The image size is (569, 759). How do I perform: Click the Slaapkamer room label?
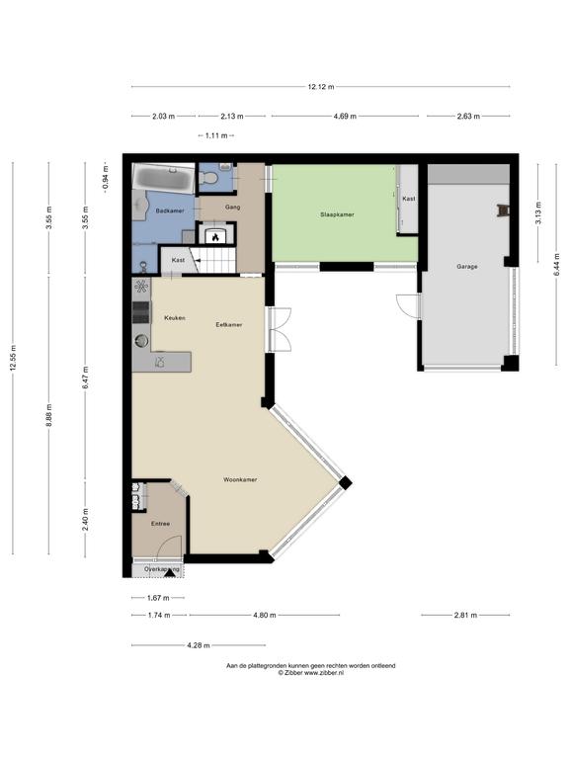pyautogui.click(x=337, y=214)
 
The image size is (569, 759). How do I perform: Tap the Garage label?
pyautogui.click(x=467, y=266)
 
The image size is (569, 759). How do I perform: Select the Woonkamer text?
pyautogui.click(x=240, y=479)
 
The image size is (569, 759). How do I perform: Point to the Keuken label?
pyautogui.click(x=175, y=318)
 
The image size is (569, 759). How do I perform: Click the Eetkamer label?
pyautogui.click(x=229, y=325)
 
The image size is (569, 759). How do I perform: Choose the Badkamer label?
pyautogui.click(x=170, y=211)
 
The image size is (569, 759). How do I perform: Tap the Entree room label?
pyautogui.click(x=161, y=524)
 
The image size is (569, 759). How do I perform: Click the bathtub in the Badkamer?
pyautogui.click(x=164, y=178)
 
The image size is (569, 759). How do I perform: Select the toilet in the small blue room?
pyautogui.click(x=209, y=178)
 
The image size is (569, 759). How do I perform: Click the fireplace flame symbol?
pyautogui.click(x=215, y=237)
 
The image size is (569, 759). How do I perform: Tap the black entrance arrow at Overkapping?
pyautogui.click(x=169, y=572)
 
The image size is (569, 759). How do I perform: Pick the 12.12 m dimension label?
pyautogui.click(x=321, y=87)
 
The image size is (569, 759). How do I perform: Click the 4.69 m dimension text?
pyautogui.click(x=345, y=117)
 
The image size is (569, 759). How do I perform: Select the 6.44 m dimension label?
pyautogui.click(x=556, y=264)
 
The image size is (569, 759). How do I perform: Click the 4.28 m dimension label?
pyautogui.click(x=199, y=645)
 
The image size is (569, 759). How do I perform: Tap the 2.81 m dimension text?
pyautogui.click(x=465, y=616)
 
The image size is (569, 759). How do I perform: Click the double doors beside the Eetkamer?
pyautogui.click(x=280, y=329)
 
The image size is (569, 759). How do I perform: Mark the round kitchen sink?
pyautogui.click(x=141, y=341)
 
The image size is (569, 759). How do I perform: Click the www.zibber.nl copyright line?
pyautogui.click(x=310, y=672)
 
